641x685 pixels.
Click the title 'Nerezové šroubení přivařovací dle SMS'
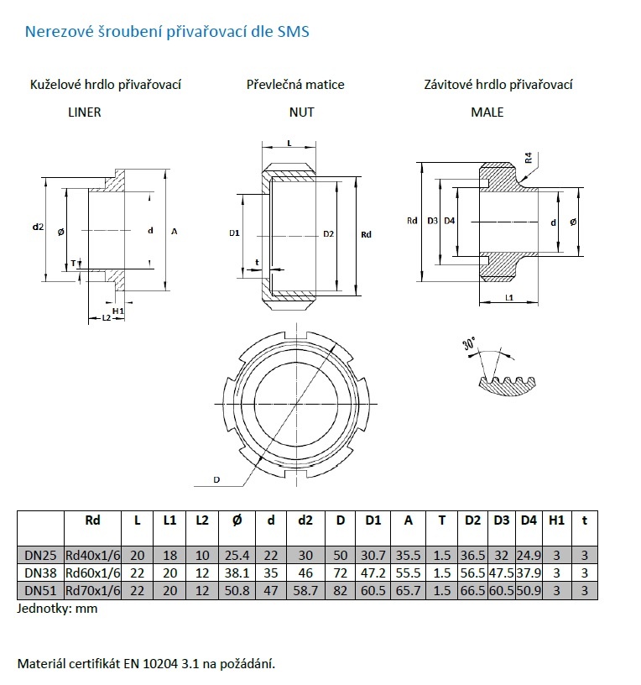[x=167, y=33]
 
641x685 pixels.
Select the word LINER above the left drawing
[x=84, y=112]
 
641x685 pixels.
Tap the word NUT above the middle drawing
[x=301, y=112]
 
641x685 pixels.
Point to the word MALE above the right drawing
[x=487, y=112]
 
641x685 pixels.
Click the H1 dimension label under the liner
[x=118, y=311]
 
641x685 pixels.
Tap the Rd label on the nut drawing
[x=366, y=234]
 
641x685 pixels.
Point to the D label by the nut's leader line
[x=216, y=479]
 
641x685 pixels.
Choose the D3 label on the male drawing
[x=432, y=221]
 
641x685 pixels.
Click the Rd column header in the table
[x=92, y=520]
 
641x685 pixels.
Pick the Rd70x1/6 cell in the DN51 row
[x=92, y=590]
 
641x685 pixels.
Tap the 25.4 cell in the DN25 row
[x=237, y=555]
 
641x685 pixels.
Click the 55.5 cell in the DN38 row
[x=409, y=573]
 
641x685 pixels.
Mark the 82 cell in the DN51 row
[x=340, y=590]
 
